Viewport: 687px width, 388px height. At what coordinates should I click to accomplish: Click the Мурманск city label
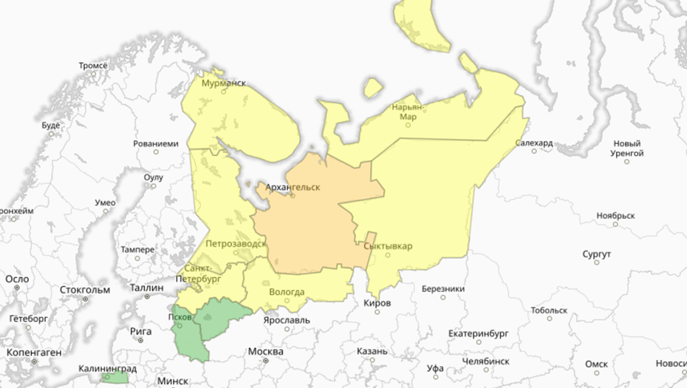[224, 84]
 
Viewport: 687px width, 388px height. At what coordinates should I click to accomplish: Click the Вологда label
[287, 291]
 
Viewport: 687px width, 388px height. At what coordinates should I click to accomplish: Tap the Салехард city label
[535, 143]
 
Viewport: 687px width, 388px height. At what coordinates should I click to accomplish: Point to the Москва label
[266, 351]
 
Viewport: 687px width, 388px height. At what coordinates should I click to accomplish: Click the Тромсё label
[93, 65]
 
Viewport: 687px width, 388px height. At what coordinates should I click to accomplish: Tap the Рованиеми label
[156, 144]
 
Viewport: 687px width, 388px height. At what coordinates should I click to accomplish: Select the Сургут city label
[596, 254]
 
